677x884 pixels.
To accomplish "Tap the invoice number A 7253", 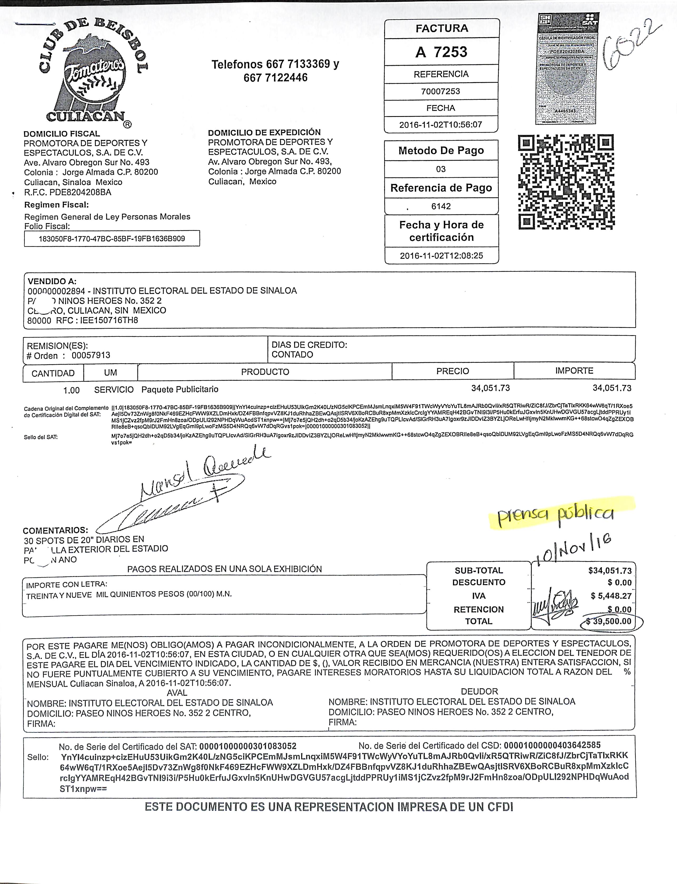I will pyautogui.click(x=441, y=52).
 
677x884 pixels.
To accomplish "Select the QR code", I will pyautogui.click(x=566, y=182).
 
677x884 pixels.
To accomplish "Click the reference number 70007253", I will pyautogui.click(x=441, y=91).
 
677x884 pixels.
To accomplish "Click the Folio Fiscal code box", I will pyautogui.click(x=112, y=239).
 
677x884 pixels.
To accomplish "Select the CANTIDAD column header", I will pyautogui.click(x=53, y=373).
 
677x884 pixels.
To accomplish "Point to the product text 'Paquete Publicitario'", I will pyautogui.click(x=180, y=389).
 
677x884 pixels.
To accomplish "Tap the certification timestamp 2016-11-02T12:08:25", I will pyautogui.click(x=441, y=255).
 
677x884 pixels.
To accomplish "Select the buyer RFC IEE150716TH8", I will pyautogui.click(x=109, y=320).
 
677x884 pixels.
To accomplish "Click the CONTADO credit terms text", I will pyautogui.click(x=292, y=355).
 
